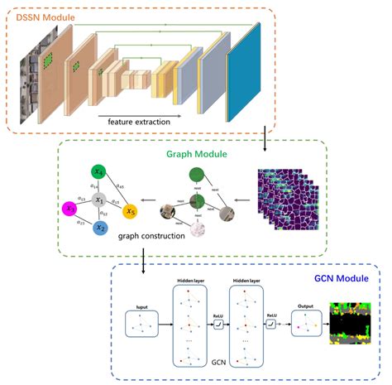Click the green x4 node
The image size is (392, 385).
(99, 174)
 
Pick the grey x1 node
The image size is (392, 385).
(98, 200)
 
